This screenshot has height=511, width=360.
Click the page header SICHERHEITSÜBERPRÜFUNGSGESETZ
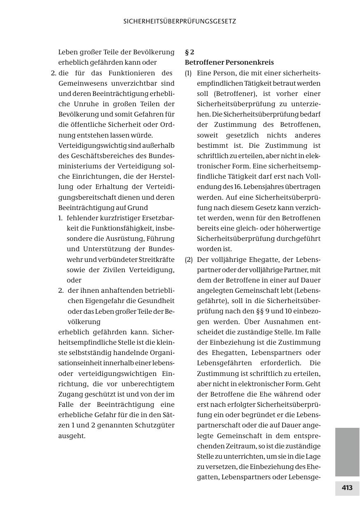pos(180,21)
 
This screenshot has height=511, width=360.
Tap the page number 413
pos(347,488)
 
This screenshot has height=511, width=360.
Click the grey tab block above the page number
pos(347,452)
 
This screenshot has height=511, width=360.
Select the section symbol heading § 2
pos(189,52)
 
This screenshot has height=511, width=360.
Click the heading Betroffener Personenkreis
pos(229,63)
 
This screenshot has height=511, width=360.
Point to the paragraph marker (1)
pos(188,73)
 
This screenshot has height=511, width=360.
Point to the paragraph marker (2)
pos(188,260)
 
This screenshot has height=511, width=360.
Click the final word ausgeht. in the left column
pos(72,436)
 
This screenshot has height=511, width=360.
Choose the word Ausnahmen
pos(281,322)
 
